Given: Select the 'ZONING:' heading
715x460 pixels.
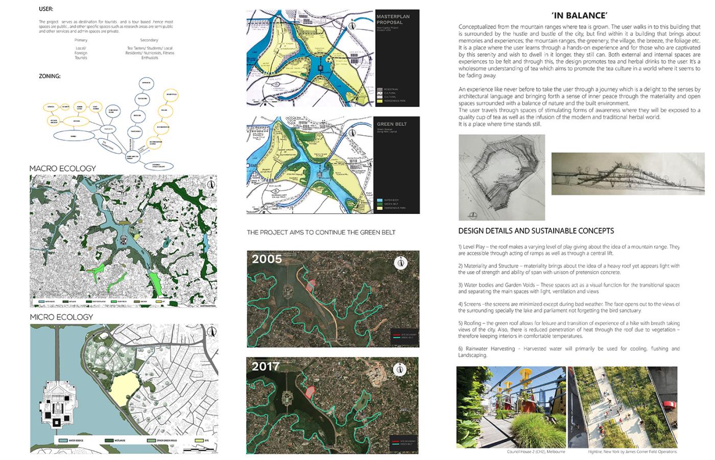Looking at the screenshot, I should [50, 76].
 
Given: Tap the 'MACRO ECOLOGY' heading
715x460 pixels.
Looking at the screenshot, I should [62, 168].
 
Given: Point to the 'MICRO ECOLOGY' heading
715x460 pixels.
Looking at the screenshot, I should [61, 317].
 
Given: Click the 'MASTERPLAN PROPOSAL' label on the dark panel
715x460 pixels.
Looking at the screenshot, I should [393, 19].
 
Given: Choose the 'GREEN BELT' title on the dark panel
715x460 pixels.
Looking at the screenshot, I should [392, 124].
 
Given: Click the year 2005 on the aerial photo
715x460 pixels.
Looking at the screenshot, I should [267, 259].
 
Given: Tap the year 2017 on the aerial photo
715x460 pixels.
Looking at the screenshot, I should [266, 366].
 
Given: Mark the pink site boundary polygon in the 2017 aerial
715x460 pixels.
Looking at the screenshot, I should [309, 392].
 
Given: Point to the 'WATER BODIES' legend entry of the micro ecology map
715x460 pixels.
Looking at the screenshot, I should [70, 440].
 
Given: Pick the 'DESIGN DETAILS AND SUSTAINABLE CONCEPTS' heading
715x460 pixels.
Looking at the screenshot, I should [536, 231].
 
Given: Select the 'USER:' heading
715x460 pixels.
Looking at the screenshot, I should [46, 9].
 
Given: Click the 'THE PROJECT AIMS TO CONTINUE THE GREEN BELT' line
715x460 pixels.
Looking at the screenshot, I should [321, 233].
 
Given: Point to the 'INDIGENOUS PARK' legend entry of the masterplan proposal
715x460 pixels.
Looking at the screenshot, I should [395, 101].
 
